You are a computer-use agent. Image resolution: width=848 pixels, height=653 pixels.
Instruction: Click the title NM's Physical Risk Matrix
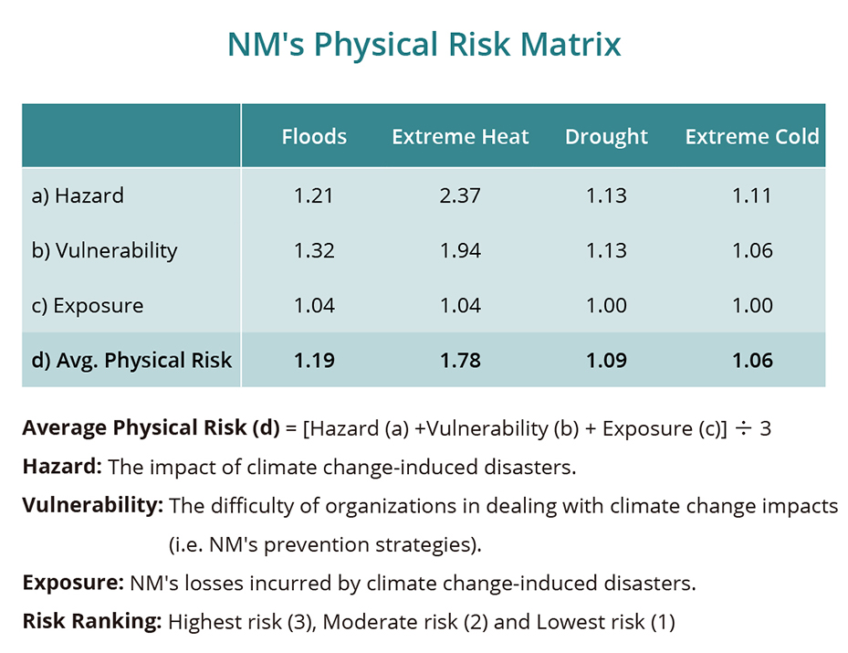tap(424, 45)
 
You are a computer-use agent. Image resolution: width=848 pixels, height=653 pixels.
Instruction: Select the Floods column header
tap(314, 137)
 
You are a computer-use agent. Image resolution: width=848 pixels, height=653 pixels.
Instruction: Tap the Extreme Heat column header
tap(460, 137)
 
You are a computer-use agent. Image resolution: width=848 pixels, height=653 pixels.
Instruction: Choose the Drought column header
tap(606, 137)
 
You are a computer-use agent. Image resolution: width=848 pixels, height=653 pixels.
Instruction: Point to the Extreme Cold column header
tap(752, 137)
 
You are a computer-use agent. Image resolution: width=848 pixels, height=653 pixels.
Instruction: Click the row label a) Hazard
tap(78, 195)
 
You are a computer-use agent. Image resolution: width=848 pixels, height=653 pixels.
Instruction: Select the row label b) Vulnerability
tap(104, 250)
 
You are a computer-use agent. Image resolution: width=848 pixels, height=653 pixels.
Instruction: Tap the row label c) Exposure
tap(88, 305)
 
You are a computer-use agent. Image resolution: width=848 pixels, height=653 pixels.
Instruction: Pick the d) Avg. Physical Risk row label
tap(131, 360)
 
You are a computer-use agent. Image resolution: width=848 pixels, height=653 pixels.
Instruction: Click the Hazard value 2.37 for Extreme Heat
tap(460, 195)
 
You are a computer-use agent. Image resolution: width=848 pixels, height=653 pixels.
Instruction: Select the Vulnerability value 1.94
tap(460, 250)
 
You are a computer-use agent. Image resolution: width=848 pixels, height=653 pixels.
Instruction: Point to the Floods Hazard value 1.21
tap(314, 195)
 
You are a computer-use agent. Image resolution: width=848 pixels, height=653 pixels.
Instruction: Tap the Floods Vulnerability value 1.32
tap(314, 250)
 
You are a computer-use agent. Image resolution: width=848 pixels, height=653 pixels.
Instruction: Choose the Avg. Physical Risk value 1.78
tap(460, 360)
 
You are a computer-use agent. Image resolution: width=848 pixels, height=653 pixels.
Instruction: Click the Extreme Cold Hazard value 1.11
tap(752, 195)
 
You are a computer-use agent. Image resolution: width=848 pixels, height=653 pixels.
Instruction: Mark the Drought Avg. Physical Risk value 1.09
tap(606, 360)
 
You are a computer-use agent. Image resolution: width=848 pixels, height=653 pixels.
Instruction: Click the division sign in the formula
tap(743, 427)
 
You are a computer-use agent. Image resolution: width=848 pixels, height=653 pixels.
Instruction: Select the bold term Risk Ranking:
tap(91, 623)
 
